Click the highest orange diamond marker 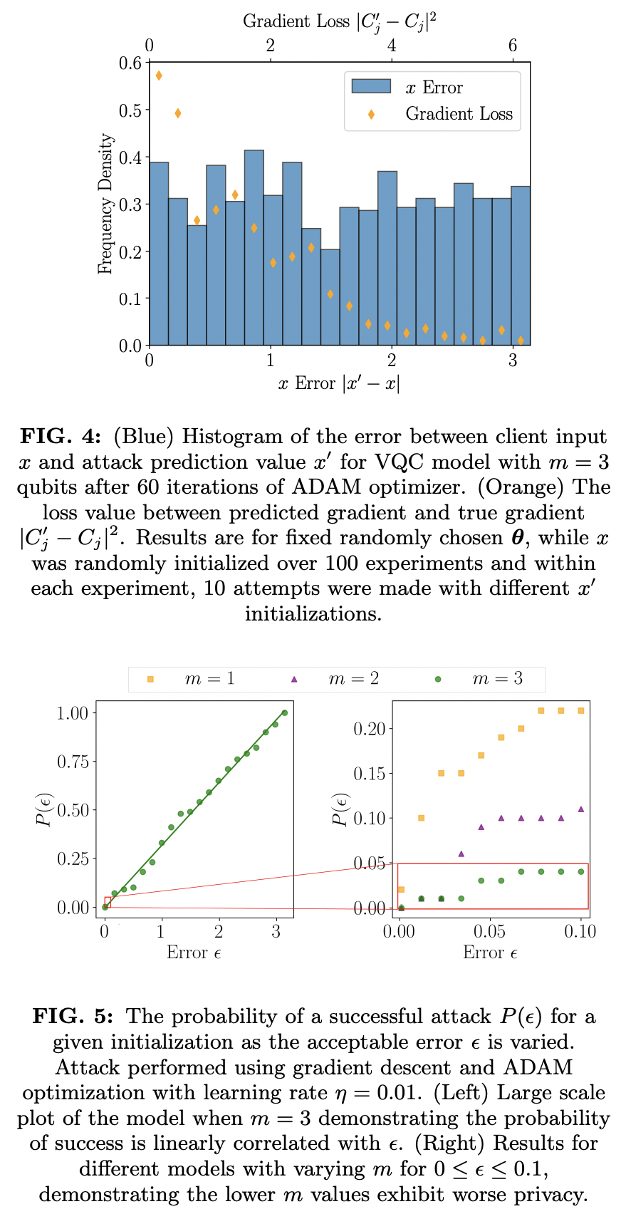159,76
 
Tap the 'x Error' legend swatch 371,87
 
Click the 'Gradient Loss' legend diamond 371,114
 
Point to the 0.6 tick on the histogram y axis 130,63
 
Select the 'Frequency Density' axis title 105,204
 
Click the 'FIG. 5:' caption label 74,1016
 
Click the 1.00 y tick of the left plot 71,713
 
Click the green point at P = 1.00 284,712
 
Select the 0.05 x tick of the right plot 490,931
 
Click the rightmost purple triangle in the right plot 581,809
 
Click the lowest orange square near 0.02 401,889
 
